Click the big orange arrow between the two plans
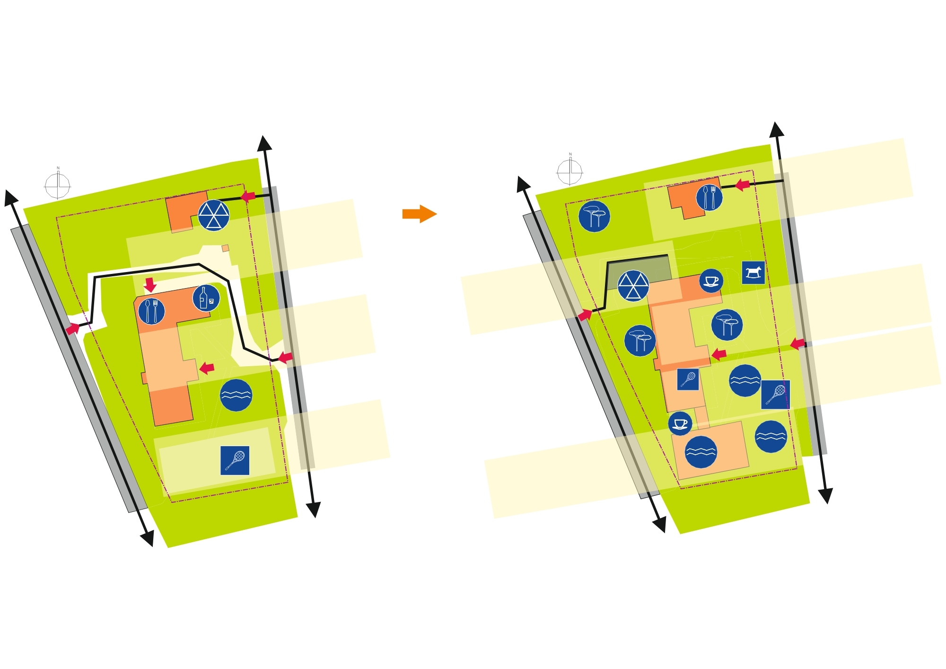(419, 214)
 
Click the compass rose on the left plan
(58, 185)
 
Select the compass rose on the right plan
(570, 172)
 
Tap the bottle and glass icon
(206, 299)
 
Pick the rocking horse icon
(753, 273)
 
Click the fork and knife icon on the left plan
(151, 311)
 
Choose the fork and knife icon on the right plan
(709, 197)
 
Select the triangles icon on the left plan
(214, 215)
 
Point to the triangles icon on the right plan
(633, 286)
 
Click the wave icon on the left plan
(236, 395)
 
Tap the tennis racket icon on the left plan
(235, 460)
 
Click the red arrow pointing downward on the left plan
(150, 285)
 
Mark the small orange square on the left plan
(226, 248)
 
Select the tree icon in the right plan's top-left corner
(594, 216)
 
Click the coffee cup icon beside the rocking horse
(711, 281)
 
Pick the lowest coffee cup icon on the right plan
(680, 423)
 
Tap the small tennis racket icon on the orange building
(688, 379)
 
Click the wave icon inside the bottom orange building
(701, 452)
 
